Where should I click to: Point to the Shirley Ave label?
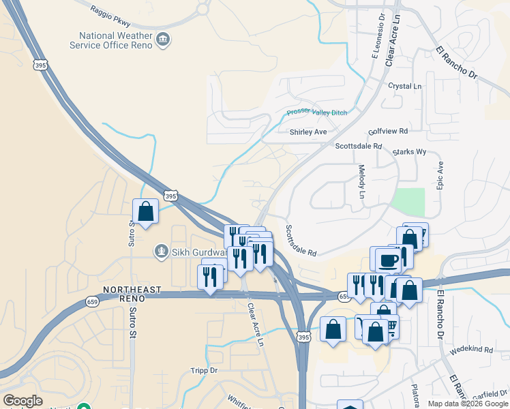308,132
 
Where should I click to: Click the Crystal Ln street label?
405,87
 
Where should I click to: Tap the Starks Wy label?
409,152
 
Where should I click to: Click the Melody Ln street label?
362,183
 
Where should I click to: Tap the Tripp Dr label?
204,371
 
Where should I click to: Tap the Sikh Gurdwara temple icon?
162,252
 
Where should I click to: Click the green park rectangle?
409,201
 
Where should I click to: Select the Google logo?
22,401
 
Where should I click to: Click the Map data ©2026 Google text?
467,404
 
